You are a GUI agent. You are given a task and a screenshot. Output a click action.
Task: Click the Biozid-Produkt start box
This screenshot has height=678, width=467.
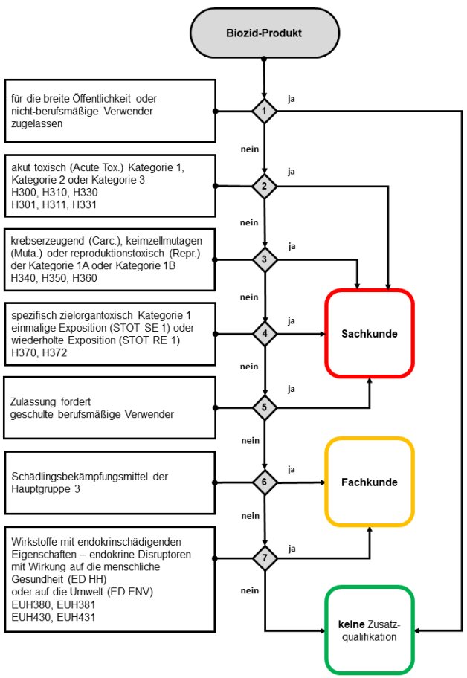[264, 33]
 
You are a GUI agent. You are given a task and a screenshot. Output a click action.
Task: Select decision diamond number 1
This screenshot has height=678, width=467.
[264, 112]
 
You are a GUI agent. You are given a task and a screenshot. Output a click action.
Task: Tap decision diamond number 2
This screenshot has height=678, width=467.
[264, 185]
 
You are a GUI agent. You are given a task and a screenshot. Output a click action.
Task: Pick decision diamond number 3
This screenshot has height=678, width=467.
[264, 259]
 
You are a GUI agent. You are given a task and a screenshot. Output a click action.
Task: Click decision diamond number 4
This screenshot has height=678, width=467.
[264, 333]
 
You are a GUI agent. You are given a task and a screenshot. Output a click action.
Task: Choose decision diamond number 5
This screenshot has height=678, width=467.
[264, 407]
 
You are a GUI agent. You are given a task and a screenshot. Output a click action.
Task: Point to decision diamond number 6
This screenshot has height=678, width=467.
[264, 482]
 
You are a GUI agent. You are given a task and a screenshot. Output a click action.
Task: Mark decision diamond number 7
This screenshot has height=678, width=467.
[264, 557]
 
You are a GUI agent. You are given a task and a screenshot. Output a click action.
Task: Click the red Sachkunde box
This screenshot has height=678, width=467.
[369, 333]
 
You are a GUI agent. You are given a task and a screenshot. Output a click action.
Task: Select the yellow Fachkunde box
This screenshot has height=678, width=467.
[369, 482]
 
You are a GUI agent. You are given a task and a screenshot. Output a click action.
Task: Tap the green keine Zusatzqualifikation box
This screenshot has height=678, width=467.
[369, 631]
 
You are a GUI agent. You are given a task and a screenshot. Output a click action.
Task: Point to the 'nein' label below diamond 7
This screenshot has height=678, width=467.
[250, 590]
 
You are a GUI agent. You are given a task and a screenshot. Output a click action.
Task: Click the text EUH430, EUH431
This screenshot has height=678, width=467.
[43, 617]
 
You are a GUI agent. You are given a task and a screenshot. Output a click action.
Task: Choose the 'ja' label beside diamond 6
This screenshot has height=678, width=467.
[292, 469]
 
